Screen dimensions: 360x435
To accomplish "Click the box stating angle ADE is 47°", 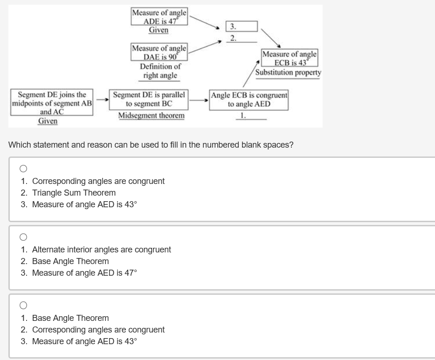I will tap(159, 17).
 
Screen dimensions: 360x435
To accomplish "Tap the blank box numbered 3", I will tap(242, 27).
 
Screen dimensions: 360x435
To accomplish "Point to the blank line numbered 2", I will tap(242, 38).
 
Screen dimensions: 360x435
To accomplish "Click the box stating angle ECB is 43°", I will tap(289, 58).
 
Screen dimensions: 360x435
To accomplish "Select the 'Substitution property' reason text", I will tap(288, 73).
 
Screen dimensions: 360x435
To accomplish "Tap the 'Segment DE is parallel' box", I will tap(149, 99).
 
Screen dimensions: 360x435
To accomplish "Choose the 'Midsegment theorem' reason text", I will tap(151, 115).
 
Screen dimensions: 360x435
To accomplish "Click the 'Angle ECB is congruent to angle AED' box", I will tap(249, 99).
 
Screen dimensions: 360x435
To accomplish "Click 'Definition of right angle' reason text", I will tap(159, 71).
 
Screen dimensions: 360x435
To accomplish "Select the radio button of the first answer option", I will tap(23, 168).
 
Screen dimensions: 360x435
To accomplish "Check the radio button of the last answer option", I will tap(23, 305).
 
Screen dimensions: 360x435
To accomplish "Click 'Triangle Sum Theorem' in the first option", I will tap(74, 192).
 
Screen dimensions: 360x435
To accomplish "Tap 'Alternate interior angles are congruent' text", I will tap(101, 249).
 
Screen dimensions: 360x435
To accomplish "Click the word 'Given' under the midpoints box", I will tap(48, 121).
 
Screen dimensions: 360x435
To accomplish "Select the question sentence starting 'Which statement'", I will tap(151, 144).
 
